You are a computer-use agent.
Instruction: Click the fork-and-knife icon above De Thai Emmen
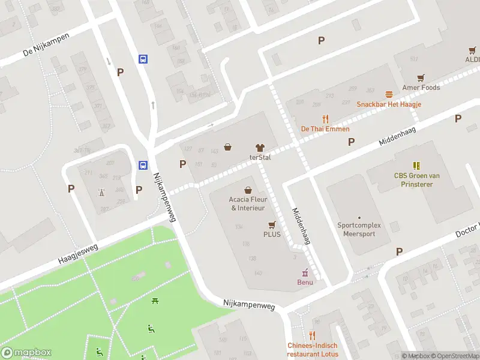pyautogui.click(x=325, y=119)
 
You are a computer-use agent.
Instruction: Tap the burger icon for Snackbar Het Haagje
pyautogui.click(x=389, y=94)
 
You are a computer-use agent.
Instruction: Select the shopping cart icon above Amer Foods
pyautogui.click(x=421, y=77)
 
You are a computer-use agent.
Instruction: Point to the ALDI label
pyautogui.click(x=472, y=60)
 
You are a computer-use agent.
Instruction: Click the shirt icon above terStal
pyautogui.click(x=260, y=147)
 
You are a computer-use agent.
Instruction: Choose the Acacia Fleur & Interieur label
pyautogui.click(x=248, y=203)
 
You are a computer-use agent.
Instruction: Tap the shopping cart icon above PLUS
pyautogui.click(x=272, y=224)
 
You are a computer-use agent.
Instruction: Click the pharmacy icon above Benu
pyautogui.click(x=305, y=272)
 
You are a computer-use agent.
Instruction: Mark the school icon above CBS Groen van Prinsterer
pyautogui.click(x=416, y=165)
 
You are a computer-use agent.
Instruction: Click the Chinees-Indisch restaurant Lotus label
pyautogui.click(x=312, y=349)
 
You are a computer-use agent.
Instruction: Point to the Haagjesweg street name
pyautogui.click(x=77, y=254)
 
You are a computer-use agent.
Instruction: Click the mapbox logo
pyautogui.click(x=26, y=353)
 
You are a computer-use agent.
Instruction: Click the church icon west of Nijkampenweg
pyautogui.click(x=101, y=193)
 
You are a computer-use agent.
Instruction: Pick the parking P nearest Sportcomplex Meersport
pyautogui.click(x=399, y=251)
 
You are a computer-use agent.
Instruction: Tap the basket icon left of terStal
pyautogui.click(x=228, y=147)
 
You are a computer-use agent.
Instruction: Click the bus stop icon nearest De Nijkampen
pyautogui.click(x=143, y=59)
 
